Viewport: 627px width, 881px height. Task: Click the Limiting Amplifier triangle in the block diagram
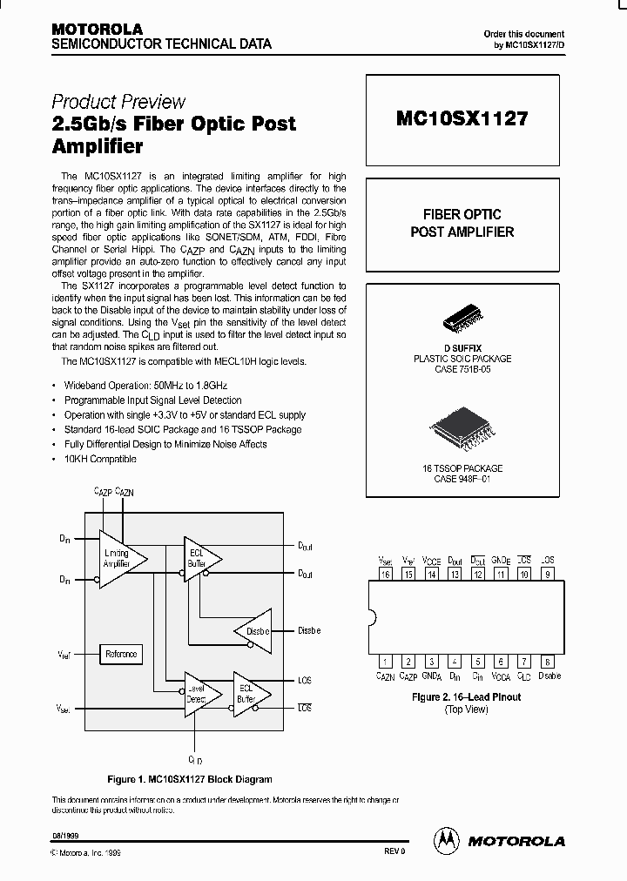click(118, 557)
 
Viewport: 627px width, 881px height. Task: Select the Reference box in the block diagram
click(121, 654)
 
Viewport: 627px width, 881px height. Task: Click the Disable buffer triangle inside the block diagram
click(255, 630)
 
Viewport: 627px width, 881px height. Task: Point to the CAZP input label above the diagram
click(102, 492)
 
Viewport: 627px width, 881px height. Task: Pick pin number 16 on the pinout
click(385, 574)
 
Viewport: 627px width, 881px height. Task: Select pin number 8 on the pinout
click(547, 662)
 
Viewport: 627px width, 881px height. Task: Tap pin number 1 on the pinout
click(385, 662)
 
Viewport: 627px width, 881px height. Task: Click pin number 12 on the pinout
click(478, 574)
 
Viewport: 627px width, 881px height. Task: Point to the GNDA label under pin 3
click(431, 676)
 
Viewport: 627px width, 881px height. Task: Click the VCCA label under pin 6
click(501, 676)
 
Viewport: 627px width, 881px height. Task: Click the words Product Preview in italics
click(118, 101)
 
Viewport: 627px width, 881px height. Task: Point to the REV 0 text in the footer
click(394, 852)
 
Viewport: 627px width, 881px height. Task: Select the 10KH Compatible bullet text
click(100, 459)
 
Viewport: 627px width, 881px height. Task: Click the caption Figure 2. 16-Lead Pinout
click(466, 697)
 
